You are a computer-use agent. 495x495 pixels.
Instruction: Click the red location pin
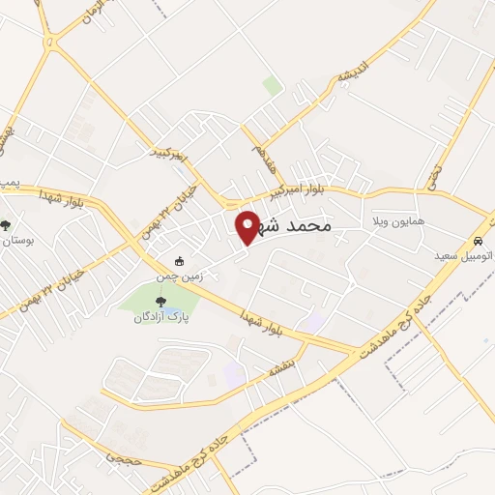tap(247, 226)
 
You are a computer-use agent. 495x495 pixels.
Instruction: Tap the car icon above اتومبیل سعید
tap(478, 239)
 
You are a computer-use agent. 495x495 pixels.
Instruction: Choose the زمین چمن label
tap(181, 276)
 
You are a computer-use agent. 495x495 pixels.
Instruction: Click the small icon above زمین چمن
tap(179, 261)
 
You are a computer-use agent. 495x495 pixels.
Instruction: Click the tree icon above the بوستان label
tap(8, 225)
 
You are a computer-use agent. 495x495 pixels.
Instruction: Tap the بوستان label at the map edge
tap(16, 240)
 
